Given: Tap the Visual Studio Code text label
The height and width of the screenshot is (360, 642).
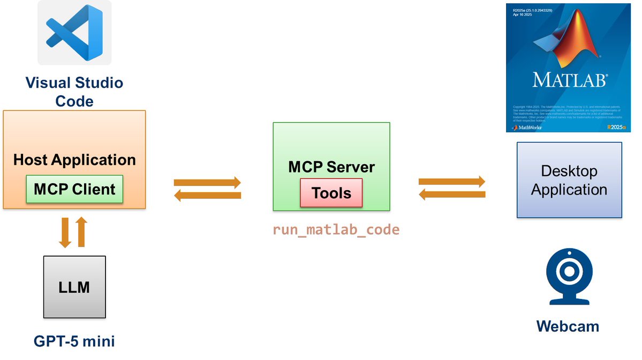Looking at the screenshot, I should tap(74, 92).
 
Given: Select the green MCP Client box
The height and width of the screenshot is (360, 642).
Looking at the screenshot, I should tap(74, 189).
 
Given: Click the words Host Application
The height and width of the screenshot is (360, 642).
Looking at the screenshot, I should tap(74, 160).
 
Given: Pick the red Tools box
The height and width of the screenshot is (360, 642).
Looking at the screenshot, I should tap(331, 193).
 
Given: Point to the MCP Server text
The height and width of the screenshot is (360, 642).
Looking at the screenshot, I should tap(331, 167).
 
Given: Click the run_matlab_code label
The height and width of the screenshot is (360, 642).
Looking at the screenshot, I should tap(336, 230).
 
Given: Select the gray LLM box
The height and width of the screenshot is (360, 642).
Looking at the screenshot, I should tap(74, 288).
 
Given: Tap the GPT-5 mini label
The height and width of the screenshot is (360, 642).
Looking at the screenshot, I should tap(74, 341).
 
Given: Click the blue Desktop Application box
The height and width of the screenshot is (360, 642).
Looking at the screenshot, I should tap(569, 180).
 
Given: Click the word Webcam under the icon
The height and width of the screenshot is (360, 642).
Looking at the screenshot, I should tap(568, 326).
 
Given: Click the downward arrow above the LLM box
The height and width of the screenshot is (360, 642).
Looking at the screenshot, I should tap(65, 232).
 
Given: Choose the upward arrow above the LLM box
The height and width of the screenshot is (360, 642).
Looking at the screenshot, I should tap(81, 232).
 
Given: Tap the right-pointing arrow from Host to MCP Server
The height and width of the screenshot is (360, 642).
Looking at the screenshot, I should tap(208, 182).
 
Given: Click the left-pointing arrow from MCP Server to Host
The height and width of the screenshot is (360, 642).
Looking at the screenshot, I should tap(208, 196).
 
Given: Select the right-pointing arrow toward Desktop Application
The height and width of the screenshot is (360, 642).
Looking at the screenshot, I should tap(452, 182).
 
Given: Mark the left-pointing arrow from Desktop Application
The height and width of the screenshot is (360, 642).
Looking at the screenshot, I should tap(452, 196).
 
